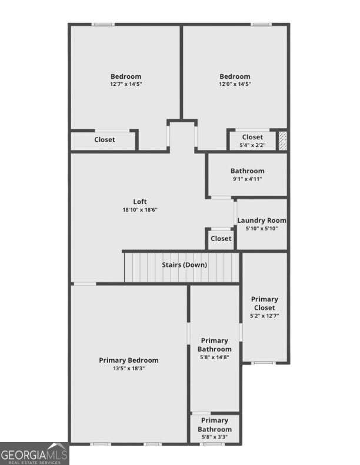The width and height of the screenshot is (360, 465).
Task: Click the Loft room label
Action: [x=140, y=202]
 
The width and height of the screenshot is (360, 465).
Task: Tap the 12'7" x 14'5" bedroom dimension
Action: [x=126, y=84]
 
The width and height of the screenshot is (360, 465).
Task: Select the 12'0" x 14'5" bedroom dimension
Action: [x=235, y=84]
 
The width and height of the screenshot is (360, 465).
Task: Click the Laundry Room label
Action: [x=262, y=220]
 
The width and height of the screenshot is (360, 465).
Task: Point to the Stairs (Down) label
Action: [x=184, y=265]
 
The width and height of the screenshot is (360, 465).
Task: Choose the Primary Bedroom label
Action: [x=128, y=360]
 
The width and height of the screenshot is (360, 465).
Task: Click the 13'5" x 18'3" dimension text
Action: [x=128, y=369]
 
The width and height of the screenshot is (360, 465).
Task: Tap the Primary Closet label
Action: [x=265, y=303]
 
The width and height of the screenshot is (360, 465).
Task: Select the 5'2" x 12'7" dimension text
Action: [x=265, y=316]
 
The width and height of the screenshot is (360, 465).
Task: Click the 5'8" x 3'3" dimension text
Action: [x=215, y=437]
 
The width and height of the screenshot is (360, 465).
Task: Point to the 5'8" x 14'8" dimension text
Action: [x=215, y=357]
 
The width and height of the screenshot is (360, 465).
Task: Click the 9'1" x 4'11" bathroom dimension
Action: [x=247, y=179]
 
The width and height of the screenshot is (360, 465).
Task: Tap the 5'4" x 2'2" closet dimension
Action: [x=252, y=145]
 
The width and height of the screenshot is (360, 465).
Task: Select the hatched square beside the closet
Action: [x=283, y=141]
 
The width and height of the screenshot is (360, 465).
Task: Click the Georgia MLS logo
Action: [x=35, y=454]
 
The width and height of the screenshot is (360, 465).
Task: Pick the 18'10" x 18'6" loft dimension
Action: [x=140, y=210]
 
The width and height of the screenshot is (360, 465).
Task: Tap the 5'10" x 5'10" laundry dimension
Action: [x=262, y=228]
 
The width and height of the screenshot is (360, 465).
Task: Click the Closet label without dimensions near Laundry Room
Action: [x=221, y=239]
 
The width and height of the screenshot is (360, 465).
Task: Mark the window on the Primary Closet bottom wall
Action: [x=263, y=363]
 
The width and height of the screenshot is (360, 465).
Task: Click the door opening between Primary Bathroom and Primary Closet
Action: [x=241, y=331]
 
